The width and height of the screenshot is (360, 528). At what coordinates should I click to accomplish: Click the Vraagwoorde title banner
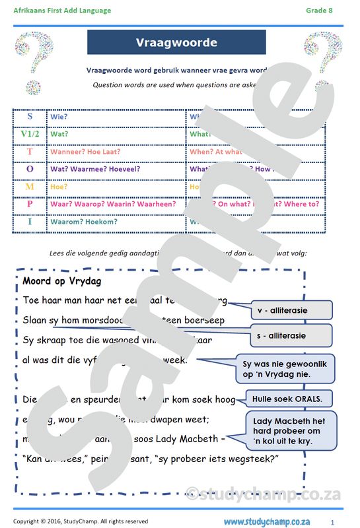pyautogui.click(x=176, y=42)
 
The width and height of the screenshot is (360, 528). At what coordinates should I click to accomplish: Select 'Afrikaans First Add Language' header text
pyautogui.click(x=62, y=11)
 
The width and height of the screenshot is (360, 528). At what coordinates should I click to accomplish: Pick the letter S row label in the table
pyautogui.click(x=30, y=116)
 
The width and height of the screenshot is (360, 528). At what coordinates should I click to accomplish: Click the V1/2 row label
pyautogui.click(x=30, y=134)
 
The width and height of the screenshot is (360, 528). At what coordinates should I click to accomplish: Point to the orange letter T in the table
pyautogui.click(x=30, y=151)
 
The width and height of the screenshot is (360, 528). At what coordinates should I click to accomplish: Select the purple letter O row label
pyautogui.click(x=30, y=169)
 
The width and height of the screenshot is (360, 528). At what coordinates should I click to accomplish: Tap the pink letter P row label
pyautogui.click(x=30, y=204)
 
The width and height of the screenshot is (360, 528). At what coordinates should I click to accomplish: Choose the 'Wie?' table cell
pyautogui.click(x=59, y=117)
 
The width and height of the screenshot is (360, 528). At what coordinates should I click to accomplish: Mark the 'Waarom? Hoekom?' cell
pyautogui.click(x=83, y=222)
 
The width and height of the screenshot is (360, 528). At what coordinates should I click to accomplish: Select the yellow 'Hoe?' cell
pyautogui.click(x=59, y=187)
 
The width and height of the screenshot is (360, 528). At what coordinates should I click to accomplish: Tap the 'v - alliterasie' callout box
pyautogui.click(x=285, y=310)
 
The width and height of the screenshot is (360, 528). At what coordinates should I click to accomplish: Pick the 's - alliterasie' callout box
pyautogui.click(x=285, y=335)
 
